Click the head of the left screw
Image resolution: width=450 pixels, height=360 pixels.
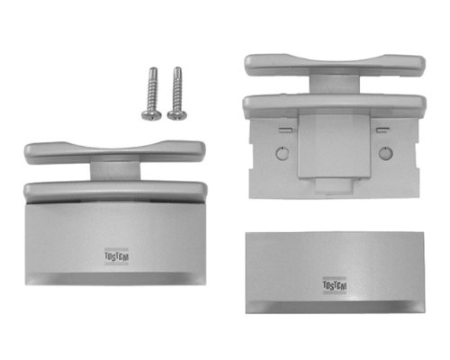click(151, 115)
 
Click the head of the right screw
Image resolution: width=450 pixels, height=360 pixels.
click(177, 115)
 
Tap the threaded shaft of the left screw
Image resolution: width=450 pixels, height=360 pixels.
click(153, 89)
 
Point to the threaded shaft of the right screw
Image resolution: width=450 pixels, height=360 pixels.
click(177, 89)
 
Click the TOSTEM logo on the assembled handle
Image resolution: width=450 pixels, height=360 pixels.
click(116, 256)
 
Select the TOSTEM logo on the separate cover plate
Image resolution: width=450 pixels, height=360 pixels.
click(335, 285)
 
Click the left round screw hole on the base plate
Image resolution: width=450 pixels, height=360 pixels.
click(282, 153)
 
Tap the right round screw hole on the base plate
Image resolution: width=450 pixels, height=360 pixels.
click(385, 153)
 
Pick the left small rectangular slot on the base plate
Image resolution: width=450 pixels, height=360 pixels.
click(285, 130)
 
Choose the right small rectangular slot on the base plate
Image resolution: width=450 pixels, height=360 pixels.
click(382, 130)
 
